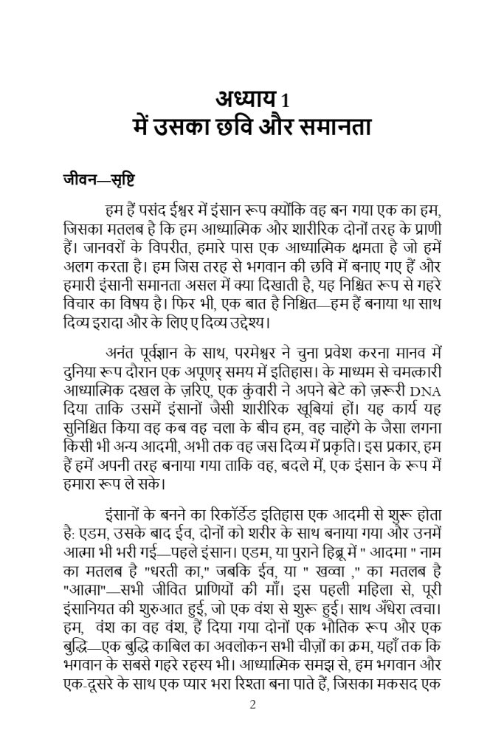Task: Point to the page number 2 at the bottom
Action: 252,704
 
